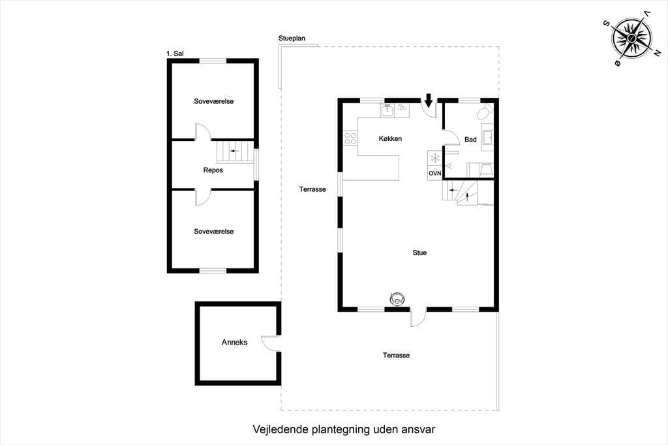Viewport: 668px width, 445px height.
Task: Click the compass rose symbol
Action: point(631,38)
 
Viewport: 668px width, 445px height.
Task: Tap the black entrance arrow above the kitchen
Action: point(429,100)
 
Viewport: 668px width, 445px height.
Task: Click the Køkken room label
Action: point(390,138)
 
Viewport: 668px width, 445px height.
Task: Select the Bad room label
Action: point(470,140)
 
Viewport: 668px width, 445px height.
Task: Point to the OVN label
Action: point(434,174)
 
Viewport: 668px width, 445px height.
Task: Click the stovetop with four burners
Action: point(350,138)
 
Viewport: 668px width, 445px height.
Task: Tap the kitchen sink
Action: point(387,110)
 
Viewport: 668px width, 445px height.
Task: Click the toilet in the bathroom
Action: point(485,113)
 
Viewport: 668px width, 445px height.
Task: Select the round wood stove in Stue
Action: point(397,298)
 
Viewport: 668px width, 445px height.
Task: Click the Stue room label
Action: point(419,253)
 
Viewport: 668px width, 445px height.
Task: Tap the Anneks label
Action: point(234,343)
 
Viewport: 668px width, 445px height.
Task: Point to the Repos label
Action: point(213,170)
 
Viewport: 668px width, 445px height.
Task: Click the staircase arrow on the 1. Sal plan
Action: point(234,151)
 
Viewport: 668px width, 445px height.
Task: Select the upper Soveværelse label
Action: point(214,101)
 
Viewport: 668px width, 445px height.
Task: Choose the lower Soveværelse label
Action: point(214,232)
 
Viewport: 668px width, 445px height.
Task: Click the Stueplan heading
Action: point(292,38)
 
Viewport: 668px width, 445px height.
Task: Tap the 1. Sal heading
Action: point(175,54)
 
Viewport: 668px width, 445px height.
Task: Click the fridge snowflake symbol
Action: point(435,159)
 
